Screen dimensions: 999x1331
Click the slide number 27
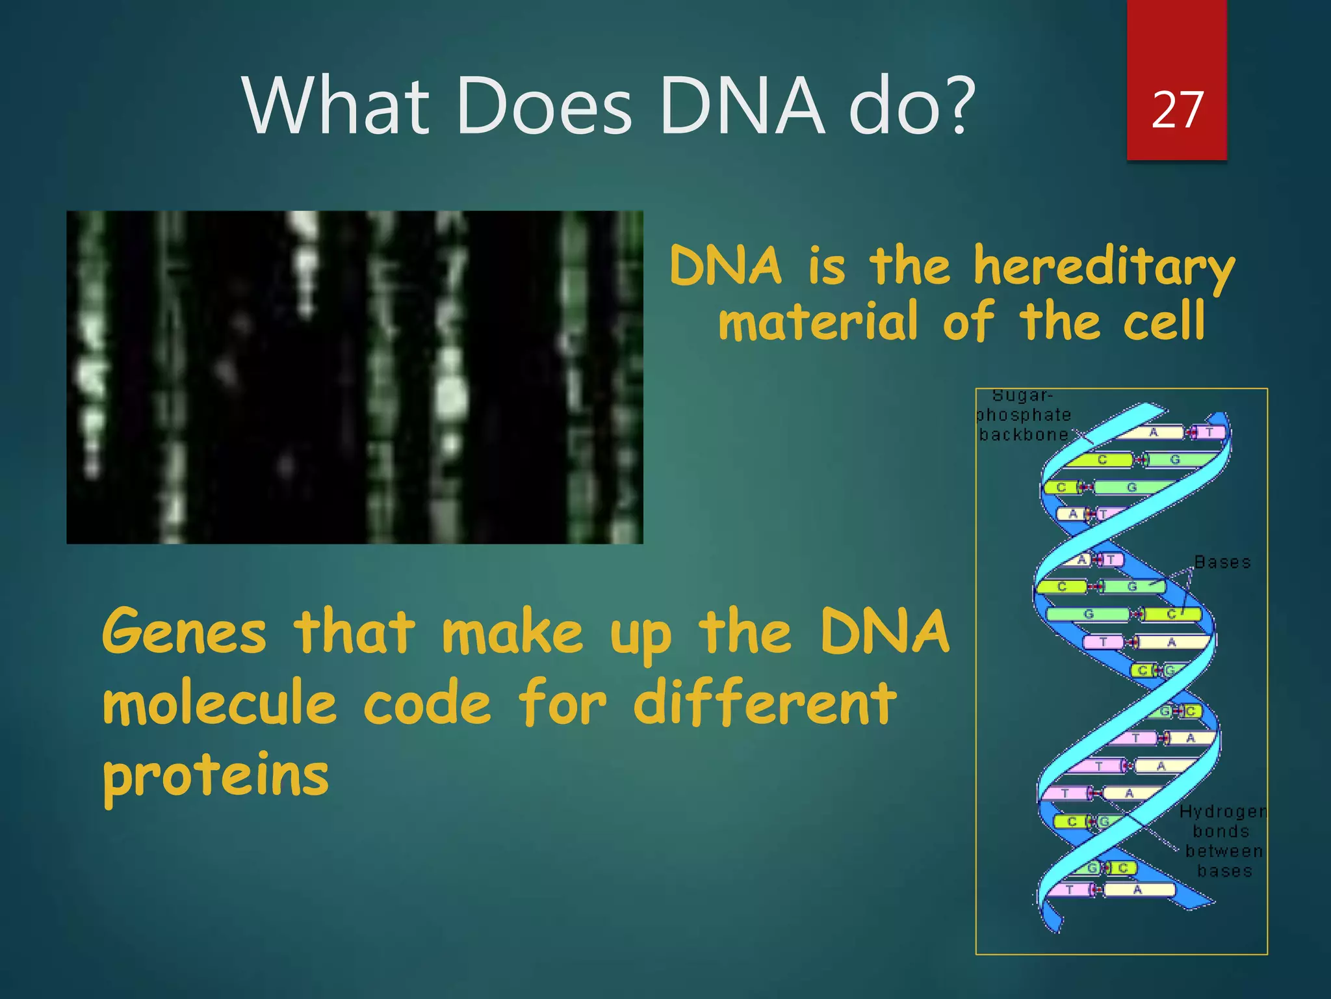click(1177, 110)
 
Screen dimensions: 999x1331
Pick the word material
click(818, 322)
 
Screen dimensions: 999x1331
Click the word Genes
click(185, 632)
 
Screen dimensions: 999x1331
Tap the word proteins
click(216, 775)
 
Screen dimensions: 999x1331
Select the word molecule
click(220, 704)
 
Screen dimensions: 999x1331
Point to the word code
click(427, 704)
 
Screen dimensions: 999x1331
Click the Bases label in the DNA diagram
click(1222, 563)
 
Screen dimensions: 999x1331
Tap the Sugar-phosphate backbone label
click(1023, 415)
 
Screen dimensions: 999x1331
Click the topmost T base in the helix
click(1209, 432)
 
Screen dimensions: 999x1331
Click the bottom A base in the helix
click(1137, 889)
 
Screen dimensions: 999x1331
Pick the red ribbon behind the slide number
click(1177, 39)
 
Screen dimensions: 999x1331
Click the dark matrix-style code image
click(354, 377)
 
